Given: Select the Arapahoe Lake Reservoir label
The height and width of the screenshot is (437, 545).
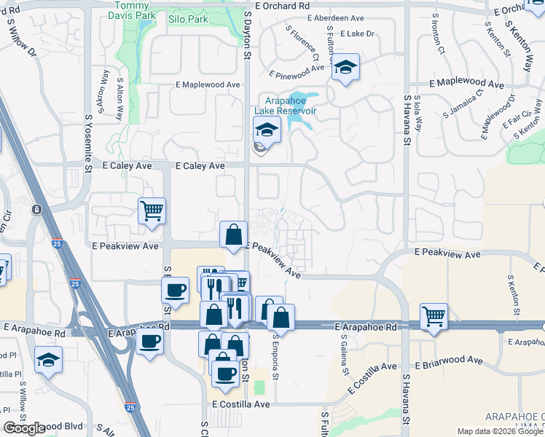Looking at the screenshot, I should click(x=285, y=105).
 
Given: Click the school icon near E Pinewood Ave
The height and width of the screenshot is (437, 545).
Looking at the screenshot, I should click(x=345, y=68).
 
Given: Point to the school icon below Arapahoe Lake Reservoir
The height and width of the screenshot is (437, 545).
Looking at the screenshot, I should click(x=267, y=131).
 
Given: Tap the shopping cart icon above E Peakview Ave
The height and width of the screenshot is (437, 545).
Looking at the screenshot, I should click(x=152, y=211).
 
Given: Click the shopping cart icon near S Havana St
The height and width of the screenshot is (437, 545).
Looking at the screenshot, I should click(x=434, y=317).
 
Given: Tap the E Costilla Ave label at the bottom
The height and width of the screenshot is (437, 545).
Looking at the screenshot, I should click(x=241, y=403).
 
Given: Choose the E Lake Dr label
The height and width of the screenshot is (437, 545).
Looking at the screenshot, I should click(x=356, y=34).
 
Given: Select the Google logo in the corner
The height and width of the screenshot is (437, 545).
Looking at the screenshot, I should click(x=24, y=429).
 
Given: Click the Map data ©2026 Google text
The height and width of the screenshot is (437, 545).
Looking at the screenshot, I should click(x=500, y=431).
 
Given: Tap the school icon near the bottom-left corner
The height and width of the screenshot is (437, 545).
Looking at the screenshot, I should click(x=48, y=361).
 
